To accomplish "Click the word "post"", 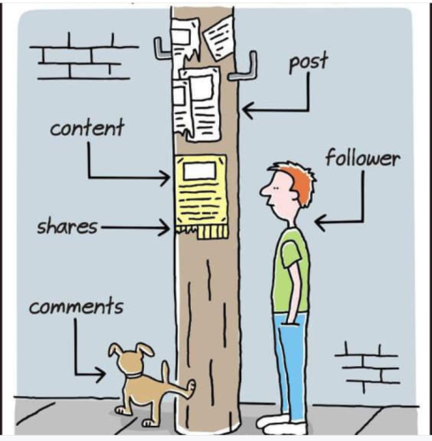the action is click(x=308, y=62).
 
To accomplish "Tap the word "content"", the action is click(x=87, y=128).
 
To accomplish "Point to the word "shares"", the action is click(x=67, y=227).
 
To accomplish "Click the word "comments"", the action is click(x=76, y=306).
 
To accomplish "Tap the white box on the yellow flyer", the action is click(x=200, y=171).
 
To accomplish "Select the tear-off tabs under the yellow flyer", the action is click(x=202, y=232).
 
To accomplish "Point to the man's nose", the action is click(x=263, y=191).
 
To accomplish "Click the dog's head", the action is click(x=131, y=359).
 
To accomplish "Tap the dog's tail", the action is click(x=166, y=370).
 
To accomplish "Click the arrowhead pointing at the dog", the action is click(x=101, y=375).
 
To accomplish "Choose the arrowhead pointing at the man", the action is click(x=321, y=221).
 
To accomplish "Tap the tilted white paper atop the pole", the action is click(x=219, y=37).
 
